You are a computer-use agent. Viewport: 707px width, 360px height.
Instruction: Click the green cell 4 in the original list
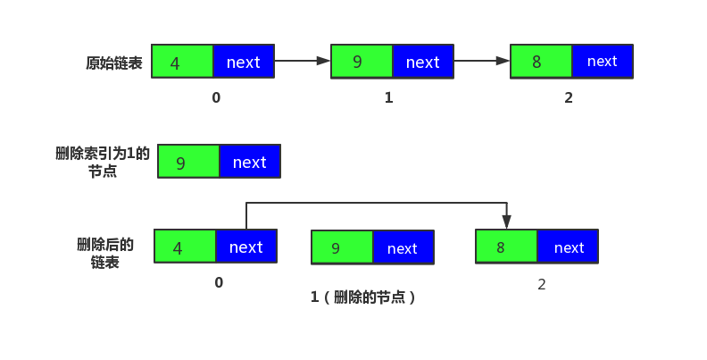point(183,62)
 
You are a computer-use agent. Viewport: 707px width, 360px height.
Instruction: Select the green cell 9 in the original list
point(362,62)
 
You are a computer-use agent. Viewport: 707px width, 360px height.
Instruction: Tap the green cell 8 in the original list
point(541,62)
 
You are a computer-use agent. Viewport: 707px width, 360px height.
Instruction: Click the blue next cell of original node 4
point(244,62)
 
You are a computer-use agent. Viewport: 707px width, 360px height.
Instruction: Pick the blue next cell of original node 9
point(423,62)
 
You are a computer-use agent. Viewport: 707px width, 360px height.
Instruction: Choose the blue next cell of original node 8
point(603,62)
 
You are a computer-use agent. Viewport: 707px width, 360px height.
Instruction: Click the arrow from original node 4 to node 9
point(303,61)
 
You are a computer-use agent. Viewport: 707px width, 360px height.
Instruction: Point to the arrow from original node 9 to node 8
point(482,61)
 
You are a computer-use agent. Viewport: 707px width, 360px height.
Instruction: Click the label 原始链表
point(113,63)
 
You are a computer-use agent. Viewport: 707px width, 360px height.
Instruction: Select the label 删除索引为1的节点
point(103,162)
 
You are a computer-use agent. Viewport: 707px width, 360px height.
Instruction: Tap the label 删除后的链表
point(105,254)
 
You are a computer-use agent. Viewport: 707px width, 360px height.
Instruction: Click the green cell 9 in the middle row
point(188,162)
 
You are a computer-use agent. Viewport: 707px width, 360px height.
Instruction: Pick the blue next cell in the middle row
point(250,162)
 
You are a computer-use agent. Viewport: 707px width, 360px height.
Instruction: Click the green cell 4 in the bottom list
point(185,247)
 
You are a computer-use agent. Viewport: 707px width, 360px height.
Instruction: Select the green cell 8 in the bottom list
point(506,247)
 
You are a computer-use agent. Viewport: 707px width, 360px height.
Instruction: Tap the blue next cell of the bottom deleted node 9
point(403,247)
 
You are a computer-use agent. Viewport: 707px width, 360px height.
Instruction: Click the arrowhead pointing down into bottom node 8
point(506,222)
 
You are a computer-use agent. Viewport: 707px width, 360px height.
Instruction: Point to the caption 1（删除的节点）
point(364,297)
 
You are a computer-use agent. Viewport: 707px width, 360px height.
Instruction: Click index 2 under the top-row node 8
point(569,98)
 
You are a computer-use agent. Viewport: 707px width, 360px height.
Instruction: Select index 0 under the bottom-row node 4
point(219,283)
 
